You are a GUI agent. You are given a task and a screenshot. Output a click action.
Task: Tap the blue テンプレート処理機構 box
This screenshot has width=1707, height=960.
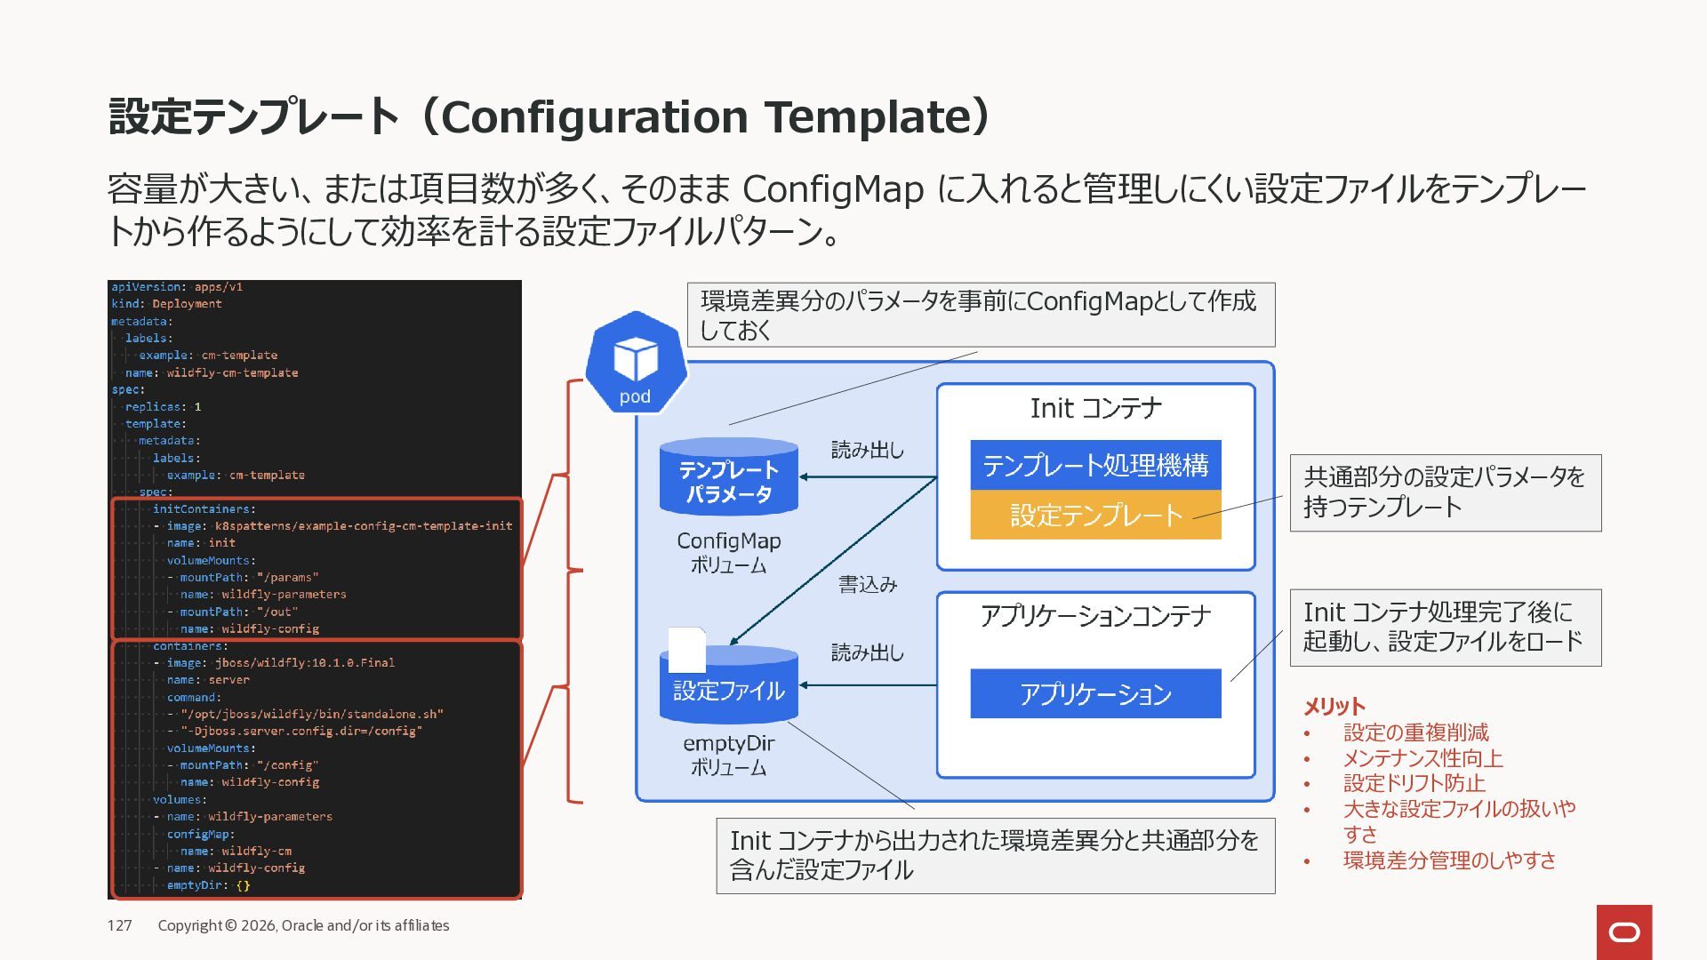point(1095,465)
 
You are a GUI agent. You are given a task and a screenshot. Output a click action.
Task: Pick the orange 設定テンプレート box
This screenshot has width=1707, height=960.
point(1095,515)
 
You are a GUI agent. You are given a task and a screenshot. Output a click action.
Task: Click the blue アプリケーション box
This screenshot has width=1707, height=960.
point(1095,693)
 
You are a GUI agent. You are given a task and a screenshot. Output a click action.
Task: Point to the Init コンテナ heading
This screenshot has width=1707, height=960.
point(1095,408)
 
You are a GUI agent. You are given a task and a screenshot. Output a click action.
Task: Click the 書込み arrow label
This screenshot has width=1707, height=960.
point(868,584)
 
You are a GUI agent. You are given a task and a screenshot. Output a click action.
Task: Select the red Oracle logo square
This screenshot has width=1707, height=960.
point(1623,932)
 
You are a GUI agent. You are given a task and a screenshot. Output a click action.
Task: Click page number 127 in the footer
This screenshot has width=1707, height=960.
point(120,925)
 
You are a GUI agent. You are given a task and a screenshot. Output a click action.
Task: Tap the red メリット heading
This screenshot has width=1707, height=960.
point(1334,707)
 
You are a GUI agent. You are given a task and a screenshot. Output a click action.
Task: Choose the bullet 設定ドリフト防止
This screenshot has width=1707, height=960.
point(1414,783)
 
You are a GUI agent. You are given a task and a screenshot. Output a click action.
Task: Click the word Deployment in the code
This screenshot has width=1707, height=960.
point(187,304)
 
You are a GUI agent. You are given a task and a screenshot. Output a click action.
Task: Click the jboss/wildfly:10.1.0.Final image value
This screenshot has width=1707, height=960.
point(305,663)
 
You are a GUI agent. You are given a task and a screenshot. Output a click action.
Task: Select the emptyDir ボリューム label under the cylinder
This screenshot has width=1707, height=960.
point(728,755)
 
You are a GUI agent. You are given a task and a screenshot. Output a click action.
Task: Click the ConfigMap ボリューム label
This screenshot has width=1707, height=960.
point(728,552)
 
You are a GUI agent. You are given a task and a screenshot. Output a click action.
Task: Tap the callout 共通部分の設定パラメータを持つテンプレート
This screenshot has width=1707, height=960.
point(1445,492)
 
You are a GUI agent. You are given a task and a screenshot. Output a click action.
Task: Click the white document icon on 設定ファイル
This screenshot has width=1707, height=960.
point(686,650)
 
